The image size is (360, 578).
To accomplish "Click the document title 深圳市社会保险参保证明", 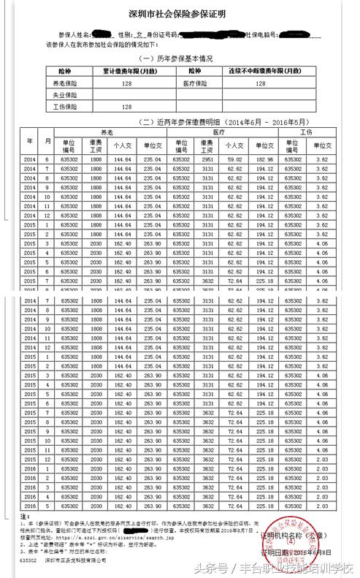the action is tap(180, 13).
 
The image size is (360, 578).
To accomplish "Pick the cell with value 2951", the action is tap(208, 159).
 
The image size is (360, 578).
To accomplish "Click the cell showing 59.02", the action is tap(234, 159).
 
